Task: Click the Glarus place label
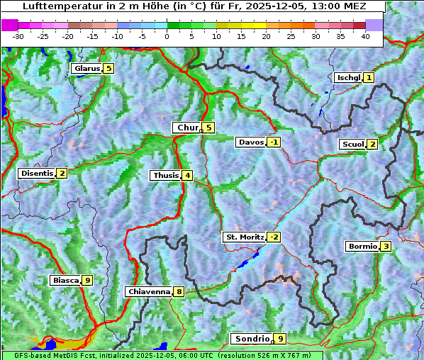[86, 69]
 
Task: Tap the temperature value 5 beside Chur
[208, 128]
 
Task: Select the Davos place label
[251, 142]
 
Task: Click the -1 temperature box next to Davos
[274, 142]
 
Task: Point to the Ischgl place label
[348, 77]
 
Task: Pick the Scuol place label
[352, 145]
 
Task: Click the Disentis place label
[37, 174]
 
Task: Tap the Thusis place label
[165, 176]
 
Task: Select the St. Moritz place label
[244, 237]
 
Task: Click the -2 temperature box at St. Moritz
[274, 237]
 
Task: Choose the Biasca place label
[65, 281]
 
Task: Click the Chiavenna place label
[148, 291]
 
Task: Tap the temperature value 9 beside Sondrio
[281, 339]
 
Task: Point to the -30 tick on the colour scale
[18, 36]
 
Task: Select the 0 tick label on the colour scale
[167, 36]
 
